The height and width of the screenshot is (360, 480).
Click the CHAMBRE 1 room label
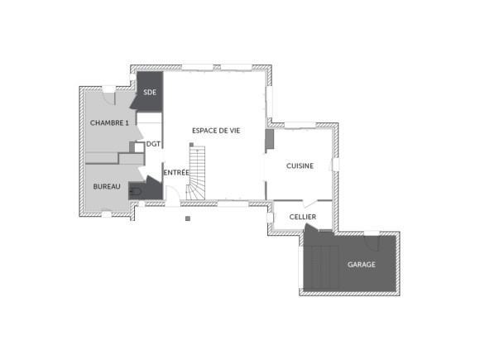coord(109,122)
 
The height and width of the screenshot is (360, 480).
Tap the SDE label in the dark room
coord(150,93)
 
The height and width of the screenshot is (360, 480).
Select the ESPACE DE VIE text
coord(216,131)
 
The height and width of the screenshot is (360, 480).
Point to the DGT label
coord(153,144)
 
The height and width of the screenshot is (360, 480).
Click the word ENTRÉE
coord(175,172)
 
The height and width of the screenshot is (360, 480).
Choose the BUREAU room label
coord(107,187)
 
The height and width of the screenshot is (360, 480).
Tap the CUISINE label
coord(300,166)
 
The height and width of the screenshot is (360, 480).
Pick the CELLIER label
coord(302,216)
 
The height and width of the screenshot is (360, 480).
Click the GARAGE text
coord(361,265)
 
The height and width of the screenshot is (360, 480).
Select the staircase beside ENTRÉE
coord(198,174)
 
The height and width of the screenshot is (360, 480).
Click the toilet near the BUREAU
coord(137,192)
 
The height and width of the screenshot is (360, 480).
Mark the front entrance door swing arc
coord(173,195)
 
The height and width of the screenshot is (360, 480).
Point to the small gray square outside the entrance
coord(189,218)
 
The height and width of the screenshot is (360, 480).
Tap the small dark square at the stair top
coord(191,144)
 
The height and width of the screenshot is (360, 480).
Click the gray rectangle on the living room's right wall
coord(269,140)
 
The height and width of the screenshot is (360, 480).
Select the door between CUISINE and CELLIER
coord(310,203)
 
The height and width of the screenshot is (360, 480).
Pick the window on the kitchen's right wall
coord(335,165)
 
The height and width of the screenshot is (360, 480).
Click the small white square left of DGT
coord(139,146)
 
